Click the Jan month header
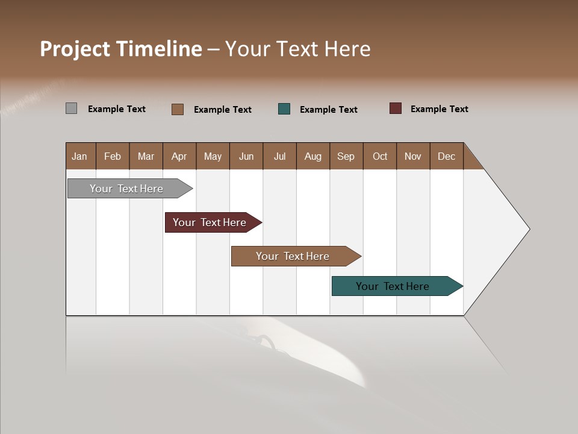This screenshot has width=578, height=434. coord(80,156)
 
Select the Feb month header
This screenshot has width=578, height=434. coord(113,156)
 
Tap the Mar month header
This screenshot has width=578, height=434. coord(146,156)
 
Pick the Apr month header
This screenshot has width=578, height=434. coord(179,156)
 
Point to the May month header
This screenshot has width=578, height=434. coord(213,156)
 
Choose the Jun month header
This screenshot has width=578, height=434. coord(246,156)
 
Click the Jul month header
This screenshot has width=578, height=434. coord(279,156)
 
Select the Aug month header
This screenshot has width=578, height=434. coord(313,156)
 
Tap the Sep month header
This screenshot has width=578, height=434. coord(346,156)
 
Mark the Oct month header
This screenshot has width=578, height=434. coord(380,156)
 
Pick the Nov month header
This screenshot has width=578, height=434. coord(413,156)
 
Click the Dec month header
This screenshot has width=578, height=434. coord(447,156)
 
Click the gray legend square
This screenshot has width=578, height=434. coord(71,108)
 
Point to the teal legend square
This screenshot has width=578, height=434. coord(284,109)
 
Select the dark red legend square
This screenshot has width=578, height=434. coord(395,108)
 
